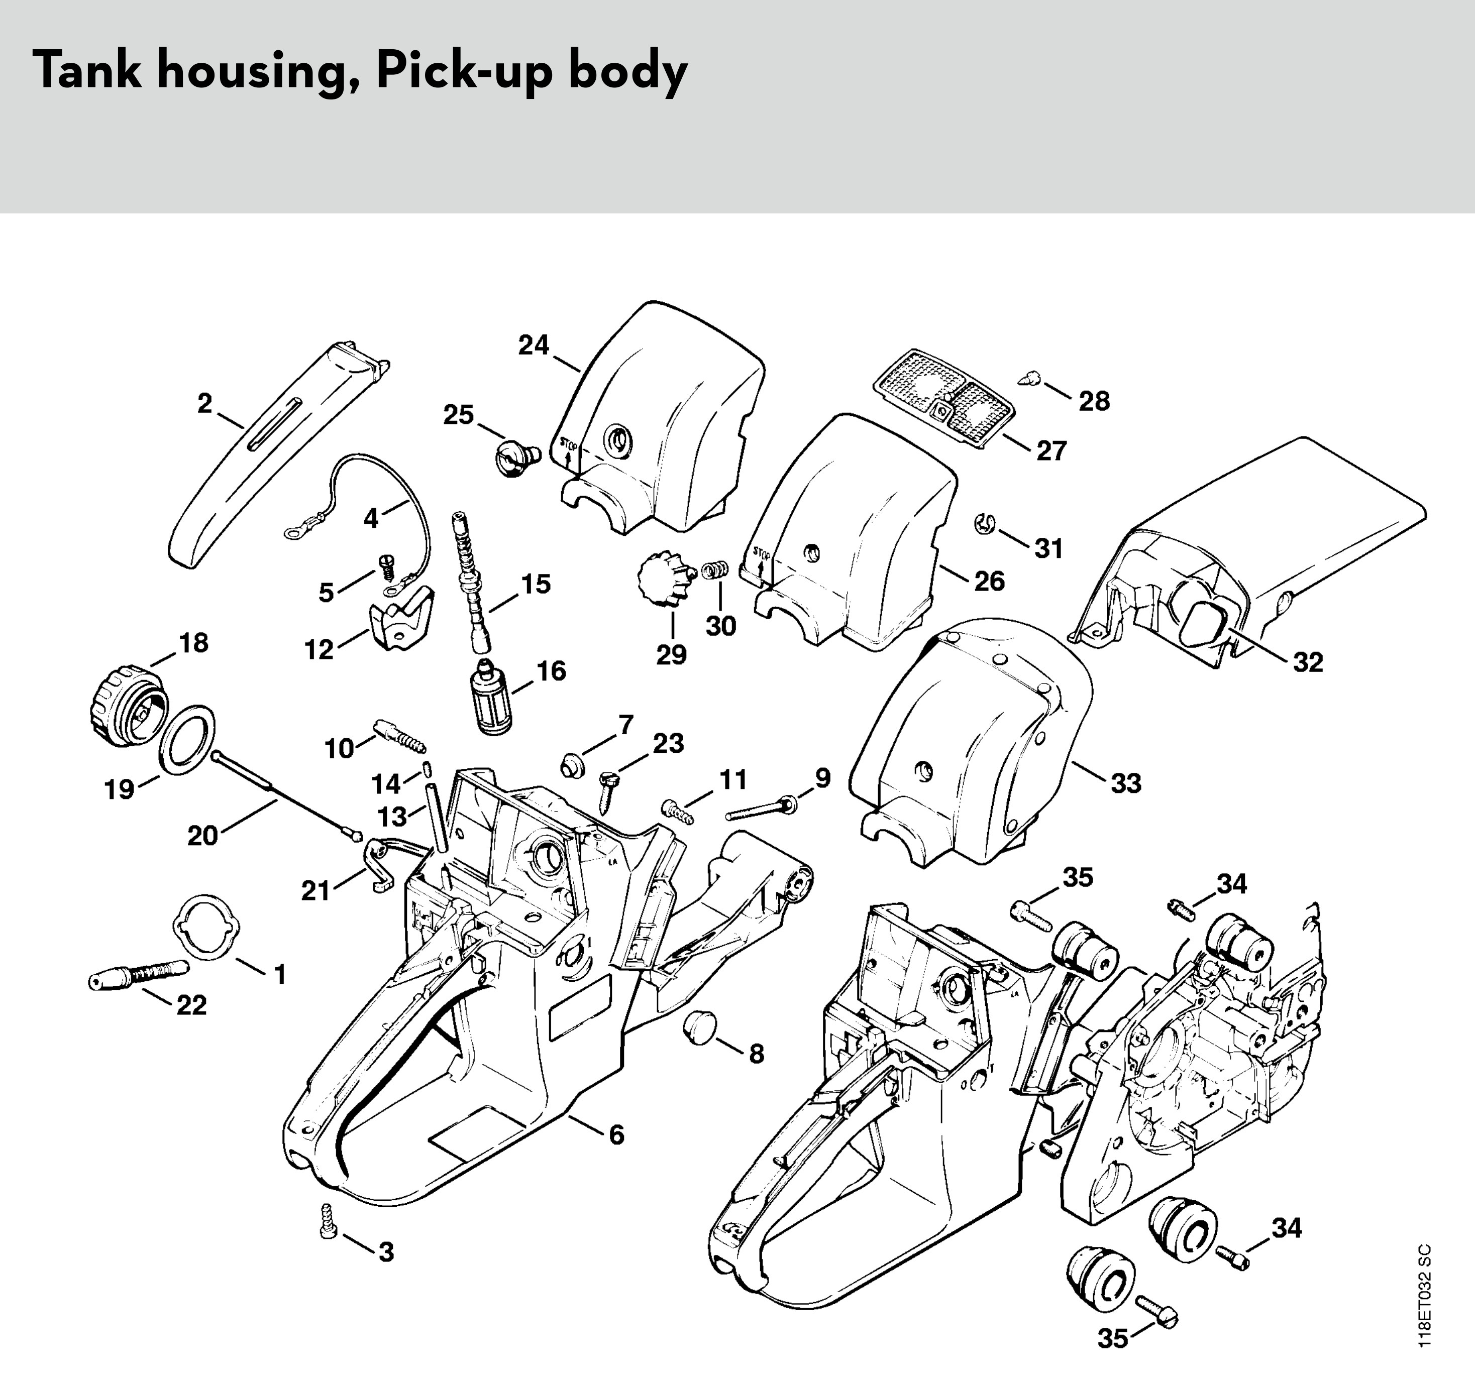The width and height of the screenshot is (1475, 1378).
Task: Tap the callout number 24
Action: coord(534,345)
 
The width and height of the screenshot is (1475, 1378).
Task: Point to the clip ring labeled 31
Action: coord(982,522)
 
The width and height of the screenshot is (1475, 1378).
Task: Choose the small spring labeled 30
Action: coord(715,572)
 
